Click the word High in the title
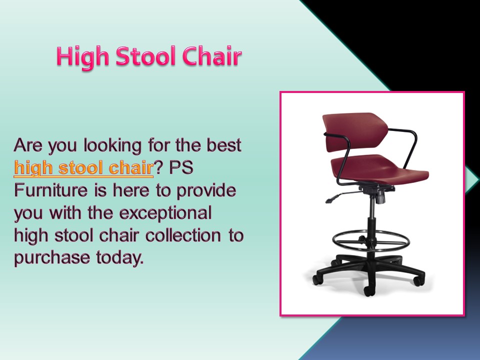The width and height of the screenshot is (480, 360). click(x=82, y=57)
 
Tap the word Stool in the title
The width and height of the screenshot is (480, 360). click(x=145, y=57)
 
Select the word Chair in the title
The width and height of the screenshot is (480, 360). click(x=211, y=57)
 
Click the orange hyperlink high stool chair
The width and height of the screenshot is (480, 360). click(x=83, y=168)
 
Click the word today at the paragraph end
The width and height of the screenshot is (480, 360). click(x=119, y=258)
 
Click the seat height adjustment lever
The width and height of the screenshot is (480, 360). click(x=340, y=197)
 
